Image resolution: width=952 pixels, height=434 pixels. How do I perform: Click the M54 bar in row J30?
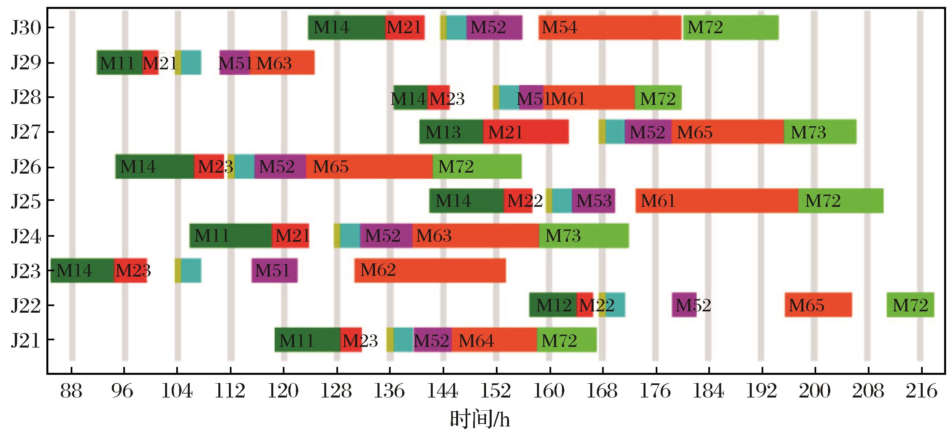click(610, 27)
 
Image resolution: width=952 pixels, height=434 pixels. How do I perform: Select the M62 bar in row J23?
click(430, 270)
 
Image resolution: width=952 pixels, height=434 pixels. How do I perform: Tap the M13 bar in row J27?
click(451, 132)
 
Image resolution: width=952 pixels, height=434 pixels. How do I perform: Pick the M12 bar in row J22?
click(553, 305)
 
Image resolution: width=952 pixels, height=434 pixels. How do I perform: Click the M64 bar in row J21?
click(495, 340)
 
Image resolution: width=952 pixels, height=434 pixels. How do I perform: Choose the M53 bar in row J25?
click(594, 201)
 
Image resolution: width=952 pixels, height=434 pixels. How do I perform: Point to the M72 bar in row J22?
click(910, 305)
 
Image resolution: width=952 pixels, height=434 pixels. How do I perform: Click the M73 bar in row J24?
click(584, 236)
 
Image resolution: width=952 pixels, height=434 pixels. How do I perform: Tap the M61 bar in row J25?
click(717, 201)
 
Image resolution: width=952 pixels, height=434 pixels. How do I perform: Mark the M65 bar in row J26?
click(370, 167)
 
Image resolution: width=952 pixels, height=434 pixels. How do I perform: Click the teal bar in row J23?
click(191, 270)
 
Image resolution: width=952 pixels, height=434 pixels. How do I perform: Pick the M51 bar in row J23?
click(275, 270)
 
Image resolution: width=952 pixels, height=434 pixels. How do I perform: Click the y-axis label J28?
click(26, 98)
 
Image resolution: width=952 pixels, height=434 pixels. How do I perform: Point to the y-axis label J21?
click(26, 340)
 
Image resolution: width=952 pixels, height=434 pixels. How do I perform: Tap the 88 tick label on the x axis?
click(71, 391)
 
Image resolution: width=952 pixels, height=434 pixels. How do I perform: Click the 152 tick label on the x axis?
click(496, 391)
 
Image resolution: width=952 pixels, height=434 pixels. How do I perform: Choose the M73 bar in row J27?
click(820, 132)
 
